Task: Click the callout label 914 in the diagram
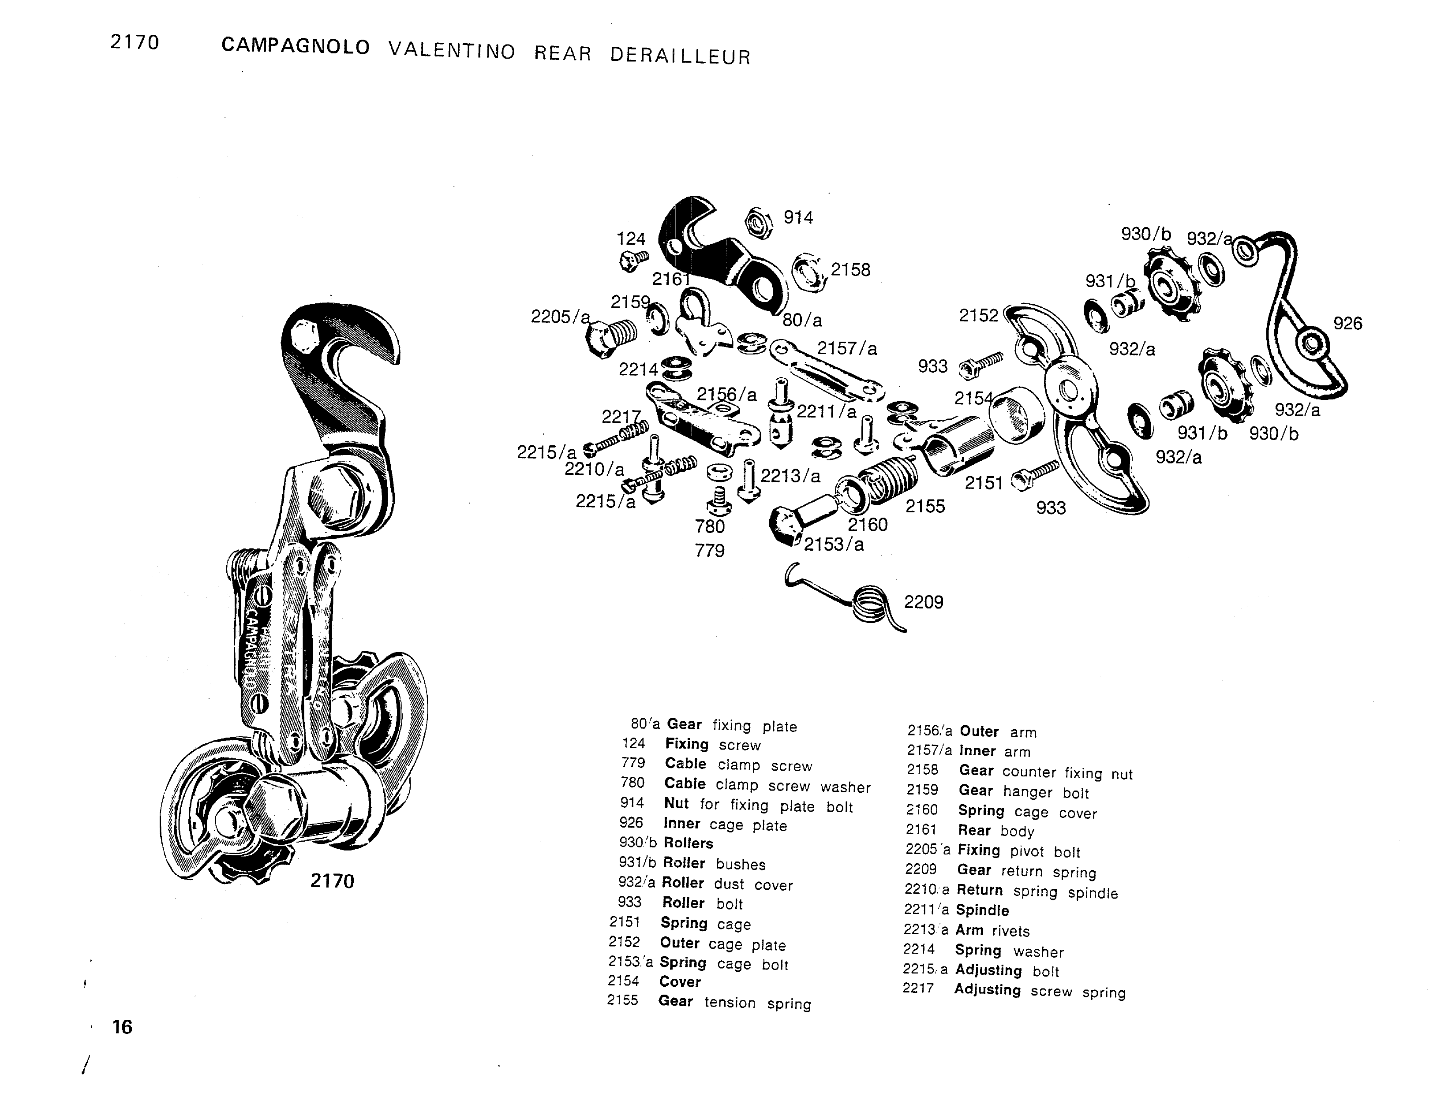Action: pyautogui.click(x=798, y=217)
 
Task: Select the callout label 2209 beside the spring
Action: pyautogui.click(x=924, y=602)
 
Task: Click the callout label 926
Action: pyautogui.click(x=1347, y=323)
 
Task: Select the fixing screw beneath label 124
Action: pyautogui.click(x=633, y=260)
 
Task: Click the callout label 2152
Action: pyautogui.click(x=978, y=315)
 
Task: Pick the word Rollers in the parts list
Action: pyautogui.click(x=688, y=843)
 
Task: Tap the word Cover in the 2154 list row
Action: pyautogui.click(x=680, y=982)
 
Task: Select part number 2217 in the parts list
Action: pyautogui.click(x=918, y=988)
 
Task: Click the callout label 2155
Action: pyautogui.click(x=925, y=506)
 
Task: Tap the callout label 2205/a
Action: pyautogui.click(x=560, y=317)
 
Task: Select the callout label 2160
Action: pyautogui.click(x=867, y=524)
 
